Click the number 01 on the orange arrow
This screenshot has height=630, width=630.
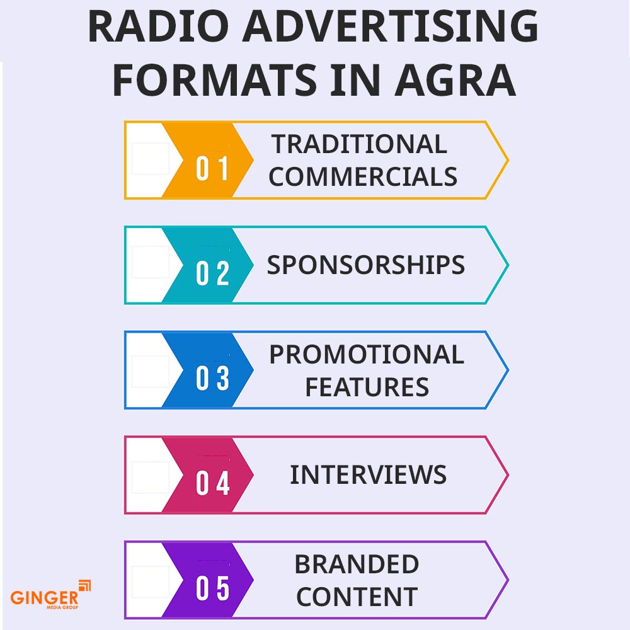coord(212,170)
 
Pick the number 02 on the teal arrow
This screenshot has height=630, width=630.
coord(212,275)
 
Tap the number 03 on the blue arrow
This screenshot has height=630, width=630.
coord(212,380)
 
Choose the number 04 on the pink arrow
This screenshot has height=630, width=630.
coord(212,484)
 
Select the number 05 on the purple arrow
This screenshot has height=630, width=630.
coord(212,590)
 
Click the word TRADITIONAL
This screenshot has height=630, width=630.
coord(360,145)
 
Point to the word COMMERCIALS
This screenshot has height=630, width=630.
coord(363,177)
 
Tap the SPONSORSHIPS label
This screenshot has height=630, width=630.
coord(365,265)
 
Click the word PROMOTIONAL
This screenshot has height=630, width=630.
coord(366,355)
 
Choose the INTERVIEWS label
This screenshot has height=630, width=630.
coord(368,474)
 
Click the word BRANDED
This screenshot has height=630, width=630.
coord(357,564)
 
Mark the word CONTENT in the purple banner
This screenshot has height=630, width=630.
coord(357,597)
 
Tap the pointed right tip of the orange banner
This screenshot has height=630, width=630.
coord(507,160)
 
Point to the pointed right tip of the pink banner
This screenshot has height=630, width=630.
coord(507,474)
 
